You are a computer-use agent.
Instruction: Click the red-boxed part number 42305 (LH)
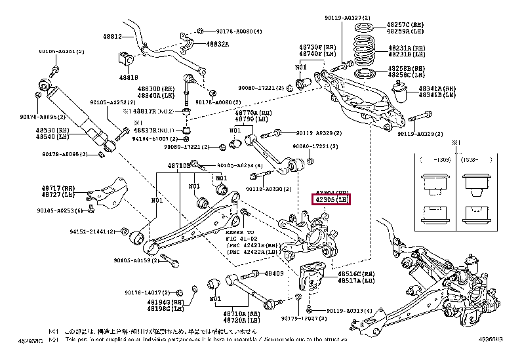click(x=332, y=200)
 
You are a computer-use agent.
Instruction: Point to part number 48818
click(x=128, y=77)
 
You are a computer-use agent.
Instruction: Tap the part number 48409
click(x=274, y=273)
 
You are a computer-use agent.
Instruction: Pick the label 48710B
click(x=178, y=166)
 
